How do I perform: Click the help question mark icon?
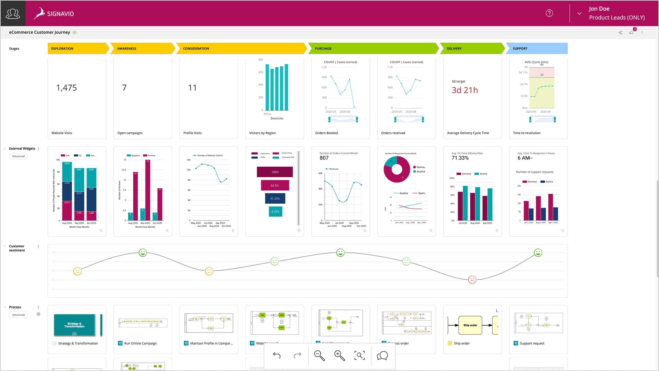[x=549, y=13]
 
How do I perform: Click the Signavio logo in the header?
[x=54, y=13]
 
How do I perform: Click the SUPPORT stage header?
[x=536, y=48]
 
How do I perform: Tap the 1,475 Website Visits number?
[x=67, y=88]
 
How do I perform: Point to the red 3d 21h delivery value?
[x=465, y=90]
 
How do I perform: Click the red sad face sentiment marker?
[x=472, y=279]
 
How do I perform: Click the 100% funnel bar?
[x=275, y=172]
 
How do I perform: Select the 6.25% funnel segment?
[x=275, y=212]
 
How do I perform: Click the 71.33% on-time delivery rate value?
[x=460, y=158]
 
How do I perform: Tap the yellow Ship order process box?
[x=470, y=325]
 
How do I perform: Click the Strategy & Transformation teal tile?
[x=74, y=325]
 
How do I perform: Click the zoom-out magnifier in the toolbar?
[x=319, y=356]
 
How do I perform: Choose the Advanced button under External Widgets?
[x=19, y=156]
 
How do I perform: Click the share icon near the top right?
[x=620, y=33]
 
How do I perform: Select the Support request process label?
[x=532, y=344]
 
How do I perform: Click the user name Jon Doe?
[x=599, y=9]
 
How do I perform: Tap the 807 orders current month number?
[x=324, y=158]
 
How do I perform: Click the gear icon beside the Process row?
[x=38, y=314]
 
